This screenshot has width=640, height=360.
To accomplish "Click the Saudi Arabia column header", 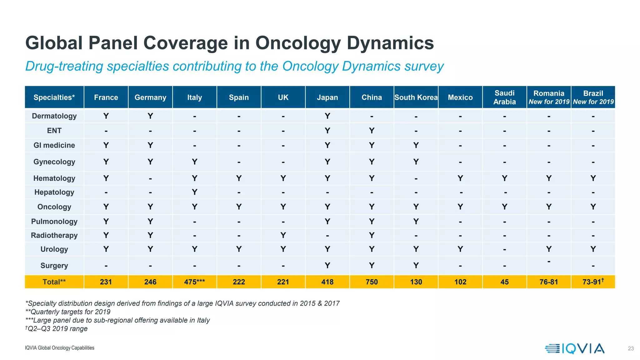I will [504, 97].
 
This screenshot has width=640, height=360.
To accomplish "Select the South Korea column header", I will [416, 97].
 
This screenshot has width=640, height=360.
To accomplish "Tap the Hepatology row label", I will [54, 192].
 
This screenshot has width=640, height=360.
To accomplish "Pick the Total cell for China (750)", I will [372, 282].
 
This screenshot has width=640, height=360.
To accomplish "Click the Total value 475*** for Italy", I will [194, 282].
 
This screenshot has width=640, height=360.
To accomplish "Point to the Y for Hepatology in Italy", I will [194, 192].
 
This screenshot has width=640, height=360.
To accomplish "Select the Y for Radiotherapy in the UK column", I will [283, 235].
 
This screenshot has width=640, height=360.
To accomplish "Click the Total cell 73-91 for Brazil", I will [593, 282].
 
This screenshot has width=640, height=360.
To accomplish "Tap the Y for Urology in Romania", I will [549, 249].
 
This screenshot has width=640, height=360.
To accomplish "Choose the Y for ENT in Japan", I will [327, 131].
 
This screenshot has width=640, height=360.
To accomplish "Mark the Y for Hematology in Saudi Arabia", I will [504, 178].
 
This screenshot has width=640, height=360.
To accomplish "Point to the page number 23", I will [631, 348].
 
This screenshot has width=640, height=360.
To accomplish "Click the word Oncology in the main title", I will [298, 43].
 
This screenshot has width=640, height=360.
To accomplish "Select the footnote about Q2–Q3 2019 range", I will [57, 329].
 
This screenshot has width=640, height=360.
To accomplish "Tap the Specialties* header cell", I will [54, 97].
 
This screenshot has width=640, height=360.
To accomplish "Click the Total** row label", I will [54, 282].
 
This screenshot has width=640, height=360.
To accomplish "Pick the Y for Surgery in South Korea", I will [416, 265].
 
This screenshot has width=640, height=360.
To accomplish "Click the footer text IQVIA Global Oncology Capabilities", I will [59, 348].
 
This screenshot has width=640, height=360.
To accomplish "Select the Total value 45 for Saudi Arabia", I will [504, 282].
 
